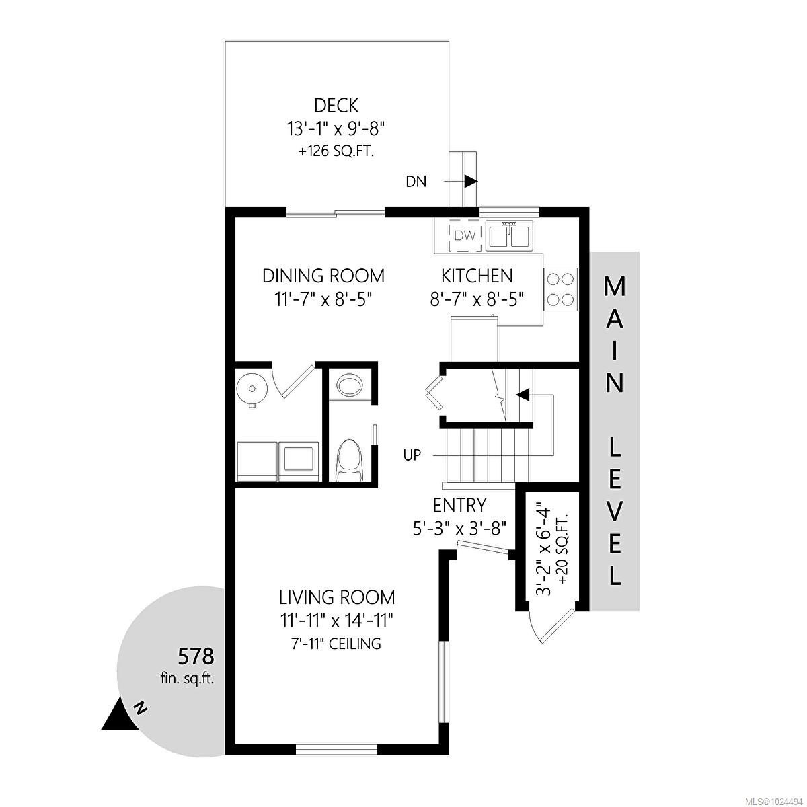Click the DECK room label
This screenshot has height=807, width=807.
(336, 106)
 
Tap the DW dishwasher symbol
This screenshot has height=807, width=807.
(465, 235)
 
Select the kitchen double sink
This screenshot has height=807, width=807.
(509, 235)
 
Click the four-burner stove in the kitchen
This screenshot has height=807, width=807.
(560, 289)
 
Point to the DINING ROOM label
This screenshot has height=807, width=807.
(323, 276)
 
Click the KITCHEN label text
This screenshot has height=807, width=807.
(477, 276)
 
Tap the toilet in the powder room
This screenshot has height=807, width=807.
(349, 459)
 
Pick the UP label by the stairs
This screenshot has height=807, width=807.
(412, 455)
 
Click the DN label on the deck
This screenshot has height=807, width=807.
(416, 181)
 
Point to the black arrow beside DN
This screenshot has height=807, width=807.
(470, 181)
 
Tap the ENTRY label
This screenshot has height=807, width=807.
(459, 505)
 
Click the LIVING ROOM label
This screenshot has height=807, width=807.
(337, 597)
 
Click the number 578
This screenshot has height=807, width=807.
(195, 655)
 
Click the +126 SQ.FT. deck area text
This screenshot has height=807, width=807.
(336, 151)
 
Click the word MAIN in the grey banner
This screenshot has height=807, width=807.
(615, 334)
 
